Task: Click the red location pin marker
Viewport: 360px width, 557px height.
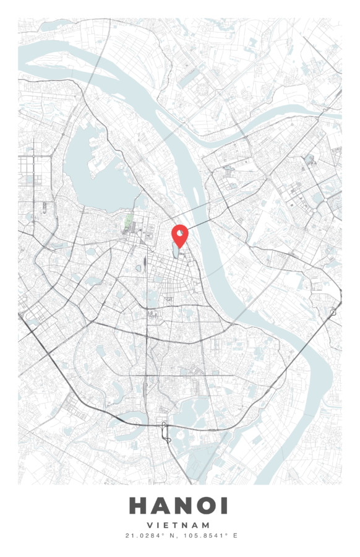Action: pyautogui.click(x=179, y=236)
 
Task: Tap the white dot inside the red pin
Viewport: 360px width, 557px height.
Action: pyautogui.click(x=179, y=233)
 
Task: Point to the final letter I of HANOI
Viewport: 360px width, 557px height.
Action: pyautogui.click(x=224, y=506)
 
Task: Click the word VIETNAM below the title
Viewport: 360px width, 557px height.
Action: pyautogui.click(x=179, y=525)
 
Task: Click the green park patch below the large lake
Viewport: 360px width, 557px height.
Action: pyautogui.click(x=128, y=222)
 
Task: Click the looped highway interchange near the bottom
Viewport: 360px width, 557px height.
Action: pyautogui.click(x=165, y=430)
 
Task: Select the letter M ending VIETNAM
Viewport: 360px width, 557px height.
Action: pyautogui.click(x=207, y=525)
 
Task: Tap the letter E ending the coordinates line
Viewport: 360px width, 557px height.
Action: pyautogui.click(x=235, y=535)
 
